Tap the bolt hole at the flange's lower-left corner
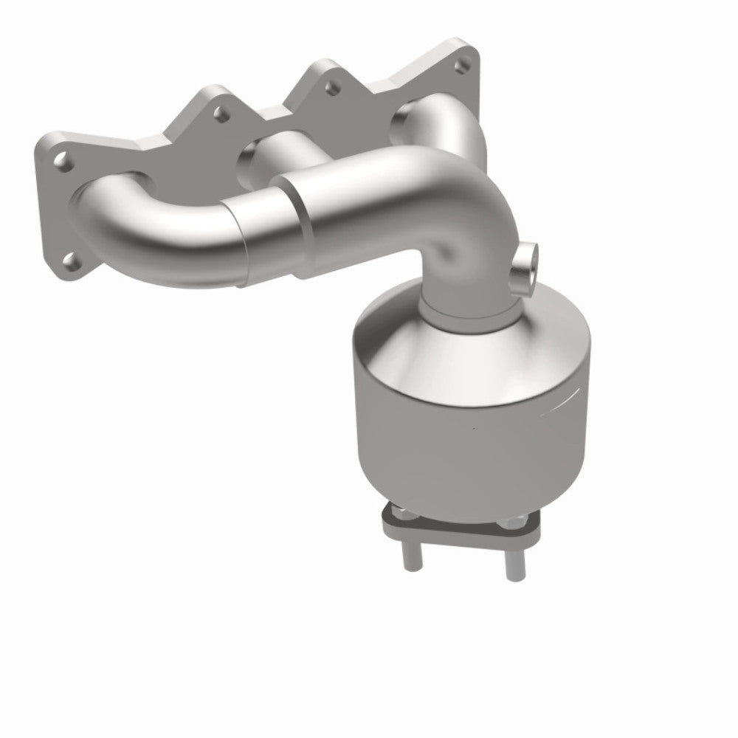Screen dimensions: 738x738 tap(70, 260)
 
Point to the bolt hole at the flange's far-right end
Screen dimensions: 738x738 tap(462, 67)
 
